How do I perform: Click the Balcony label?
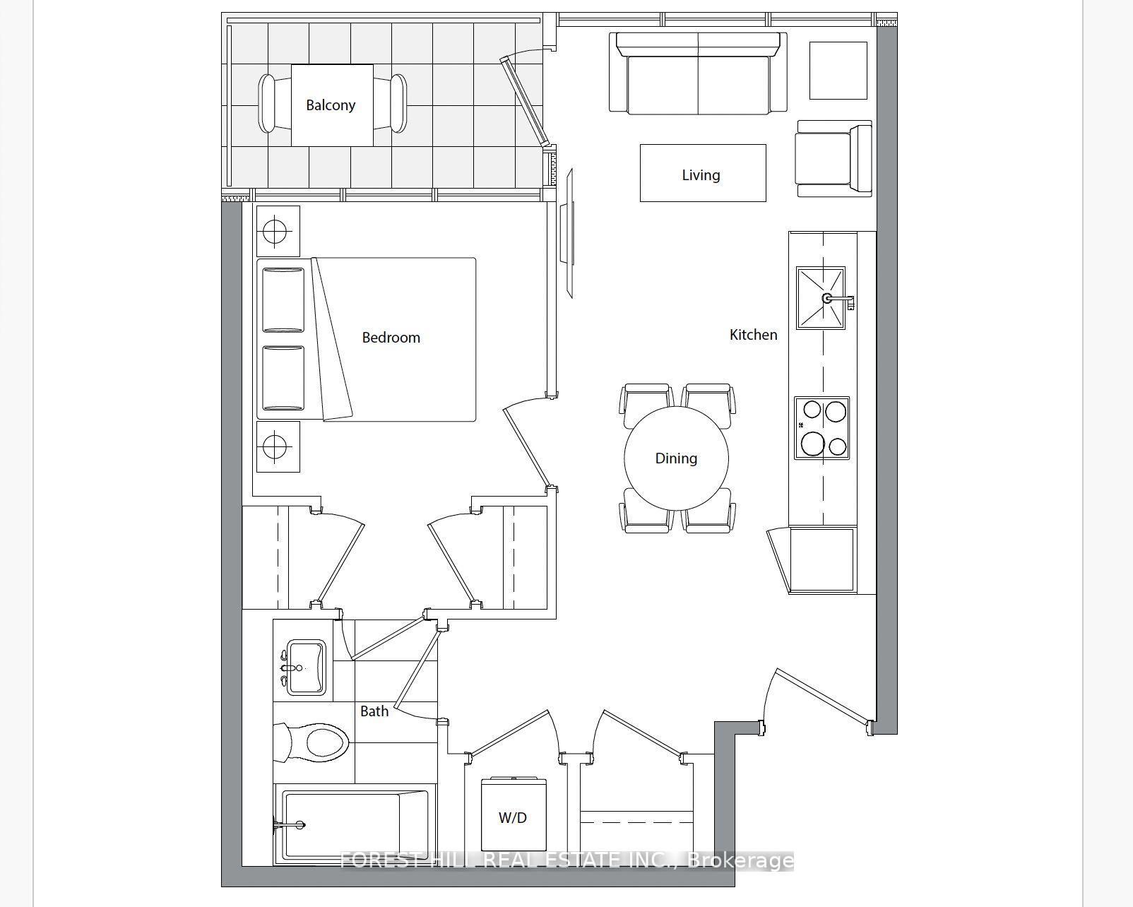tap(330, 105)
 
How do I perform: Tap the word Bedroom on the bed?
tap(391, 338)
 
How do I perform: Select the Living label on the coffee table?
tap(701, 174)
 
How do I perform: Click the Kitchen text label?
tap(753, 335)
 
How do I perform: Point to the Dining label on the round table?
tap(676, 458)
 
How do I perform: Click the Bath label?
tap(374, 711)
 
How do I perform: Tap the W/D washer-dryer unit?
tap(513, 817)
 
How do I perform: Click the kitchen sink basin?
tap(820, 297)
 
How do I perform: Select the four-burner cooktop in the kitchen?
tap(821, 428)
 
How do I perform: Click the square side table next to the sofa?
tap(838, 71)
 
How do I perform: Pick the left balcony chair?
tap(268, 104)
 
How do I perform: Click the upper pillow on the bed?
tap(283, 300)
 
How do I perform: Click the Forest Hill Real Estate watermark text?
tap(566, 860)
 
